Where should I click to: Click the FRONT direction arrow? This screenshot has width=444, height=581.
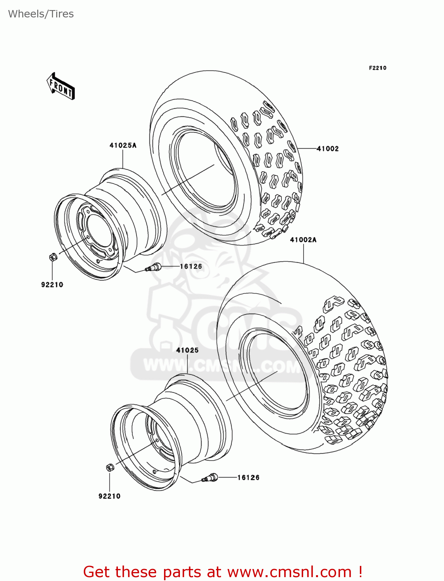pos(61,86)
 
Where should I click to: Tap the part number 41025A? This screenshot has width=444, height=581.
pos(123,146)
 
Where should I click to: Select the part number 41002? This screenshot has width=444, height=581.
pos(328,149)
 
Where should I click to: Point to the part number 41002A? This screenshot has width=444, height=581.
pos(303,240)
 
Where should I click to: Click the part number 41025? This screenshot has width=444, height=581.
pos(187,350)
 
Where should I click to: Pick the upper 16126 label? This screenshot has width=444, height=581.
pos(191,266)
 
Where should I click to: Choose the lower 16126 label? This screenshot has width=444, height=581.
pos(248,478)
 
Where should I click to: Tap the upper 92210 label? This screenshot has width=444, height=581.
pos(52,285)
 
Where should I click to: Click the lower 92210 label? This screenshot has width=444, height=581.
pos(109,496)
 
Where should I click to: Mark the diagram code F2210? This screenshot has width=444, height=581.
pos(377,68)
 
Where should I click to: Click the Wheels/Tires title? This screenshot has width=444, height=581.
pos(41,14)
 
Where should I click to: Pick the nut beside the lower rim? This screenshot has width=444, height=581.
pos(110,468)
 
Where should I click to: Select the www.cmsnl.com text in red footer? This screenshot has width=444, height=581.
pos(289,572)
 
